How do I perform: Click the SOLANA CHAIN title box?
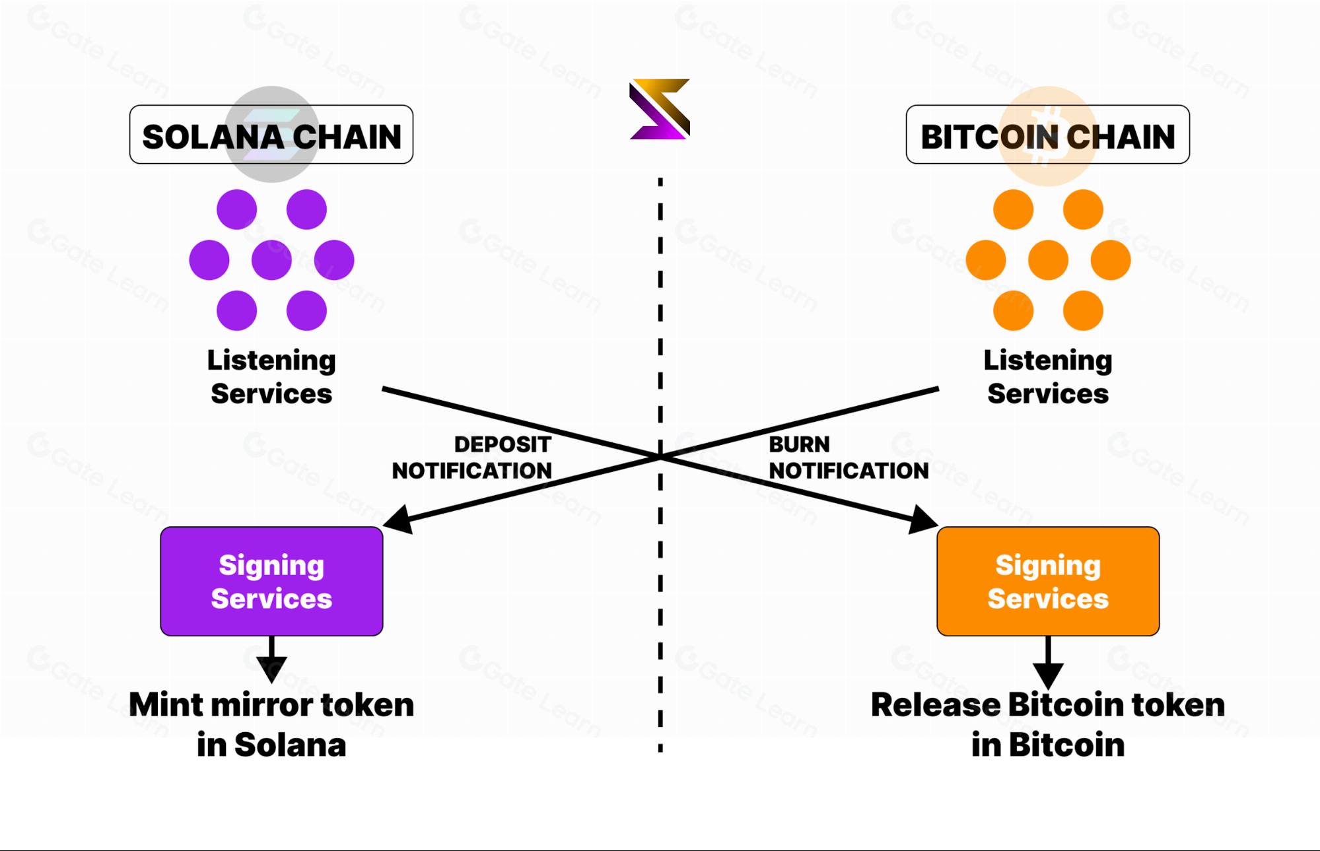(271, 135)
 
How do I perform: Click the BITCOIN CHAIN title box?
(1047, 135)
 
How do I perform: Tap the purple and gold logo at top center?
(660, 110)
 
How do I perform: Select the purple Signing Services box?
(271, 581)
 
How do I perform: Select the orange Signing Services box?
(1048, 581)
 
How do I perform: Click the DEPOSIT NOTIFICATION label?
(471, 458)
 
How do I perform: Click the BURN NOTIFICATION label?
(848, 458)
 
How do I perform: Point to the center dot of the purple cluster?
(271, 259)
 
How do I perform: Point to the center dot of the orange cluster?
(1048, 259)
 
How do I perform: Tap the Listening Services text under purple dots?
(271, 376)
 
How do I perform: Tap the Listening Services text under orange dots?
(1048, 376)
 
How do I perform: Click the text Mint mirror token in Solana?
(271, 724)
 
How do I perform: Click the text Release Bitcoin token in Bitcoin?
(1048, 724)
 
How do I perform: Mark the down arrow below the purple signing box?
(271, 667)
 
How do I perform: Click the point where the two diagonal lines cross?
(660, 456)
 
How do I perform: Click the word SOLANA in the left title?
(213, 137)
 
